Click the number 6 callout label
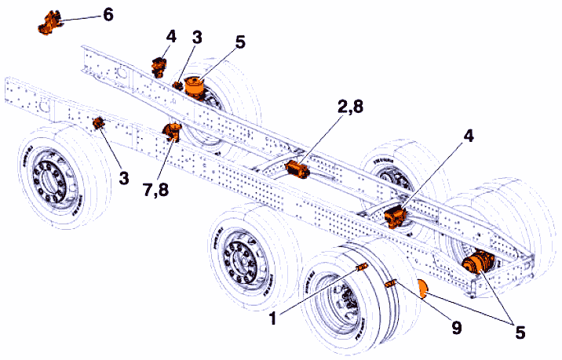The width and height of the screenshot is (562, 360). (x=107, y=15)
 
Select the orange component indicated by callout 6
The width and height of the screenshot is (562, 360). (x=49, y=23)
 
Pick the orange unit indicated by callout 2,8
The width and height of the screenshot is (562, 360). (x=298, y=169)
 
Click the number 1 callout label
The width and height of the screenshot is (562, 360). (x=273, y=318)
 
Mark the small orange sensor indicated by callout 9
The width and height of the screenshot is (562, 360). (x=392, y=284)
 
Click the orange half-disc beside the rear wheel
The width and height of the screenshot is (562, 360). (x=421, y=289)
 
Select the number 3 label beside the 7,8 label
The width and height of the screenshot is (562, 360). (x=124, y=178)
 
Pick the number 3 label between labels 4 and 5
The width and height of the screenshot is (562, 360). (x=198, y=38)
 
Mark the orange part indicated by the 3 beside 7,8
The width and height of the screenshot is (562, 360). (x=99, y=123)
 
